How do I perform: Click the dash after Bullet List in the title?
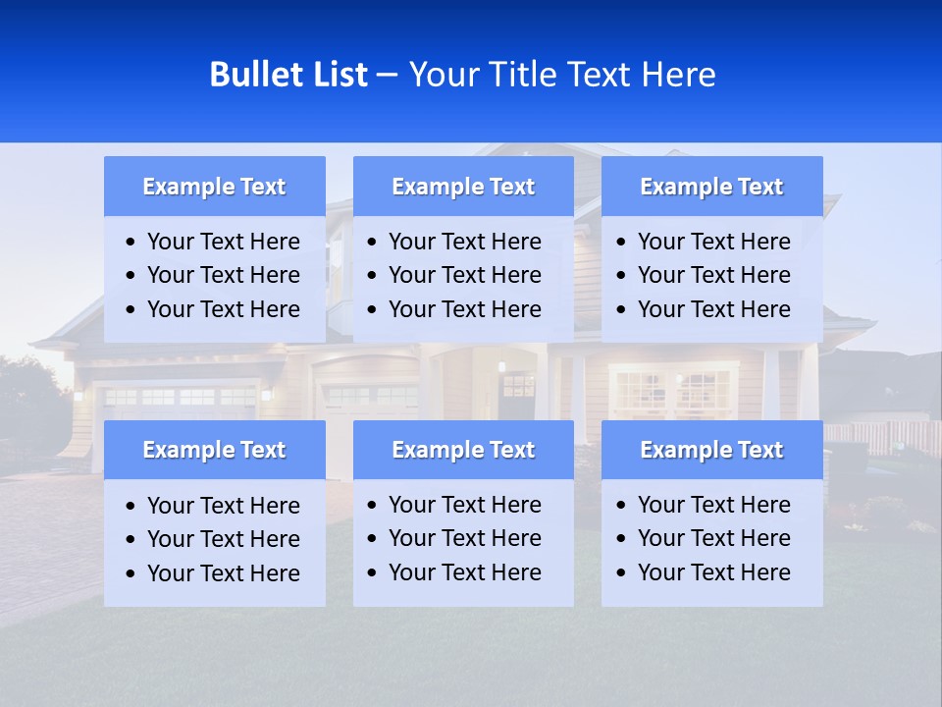(x=387, y=75)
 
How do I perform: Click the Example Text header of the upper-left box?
(x=214, y=187)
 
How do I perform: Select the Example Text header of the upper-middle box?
(x=463, y=187)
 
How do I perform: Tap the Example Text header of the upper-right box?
(x=711, y=187)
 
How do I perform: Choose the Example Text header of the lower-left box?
(x=214, y=450)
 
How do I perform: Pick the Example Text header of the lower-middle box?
(x=463, y=450)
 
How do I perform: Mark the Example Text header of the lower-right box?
(x=711, y=450)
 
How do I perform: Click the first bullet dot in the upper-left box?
(x=131, y=243)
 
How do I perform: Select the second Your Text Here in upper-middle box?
(x=464, y=275)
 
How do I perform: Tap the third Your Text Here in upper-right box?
(x=713, y=309)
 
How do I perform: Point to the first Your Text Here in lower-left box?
(x=223, y=506)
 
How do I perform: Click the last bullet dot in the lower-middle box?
(x=373, y=573)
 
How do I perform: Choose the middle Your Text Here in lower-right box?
(x=713, y=538)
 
